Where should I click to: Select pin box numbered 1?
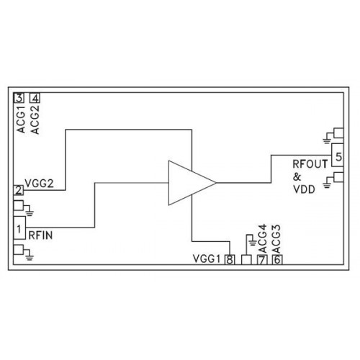click(19, 228)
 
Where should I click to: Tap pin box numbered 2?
click(19, 190)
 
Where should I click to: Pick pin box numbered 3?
click(19, 98)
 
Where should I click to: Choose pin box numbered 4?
click(35, 98)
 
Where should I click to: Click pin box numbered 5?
click(338, 156)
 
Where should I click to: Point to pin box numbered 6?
click(277, 260)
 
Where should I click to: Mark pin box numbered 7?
click(262, 260)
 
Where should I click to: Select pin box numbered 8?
click(230, 260)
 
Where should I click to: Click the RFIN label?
click(40, 235)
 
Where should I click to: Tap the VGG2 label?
click(39, 184)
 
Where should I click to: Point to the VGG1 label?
click(207, 259)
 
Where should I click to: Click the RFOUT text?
click(310, 164)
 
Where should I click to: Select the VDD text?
click(304, 189)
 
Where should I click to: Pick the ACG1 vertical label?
click(21, 120)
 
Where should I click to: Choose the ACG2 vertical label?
click(35, 120)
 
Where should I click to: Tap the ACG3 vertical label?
click(276, 239)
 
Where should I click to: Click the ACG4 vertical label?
click(263, 239)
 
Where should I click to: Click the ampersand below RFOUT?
click(297, 177)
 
